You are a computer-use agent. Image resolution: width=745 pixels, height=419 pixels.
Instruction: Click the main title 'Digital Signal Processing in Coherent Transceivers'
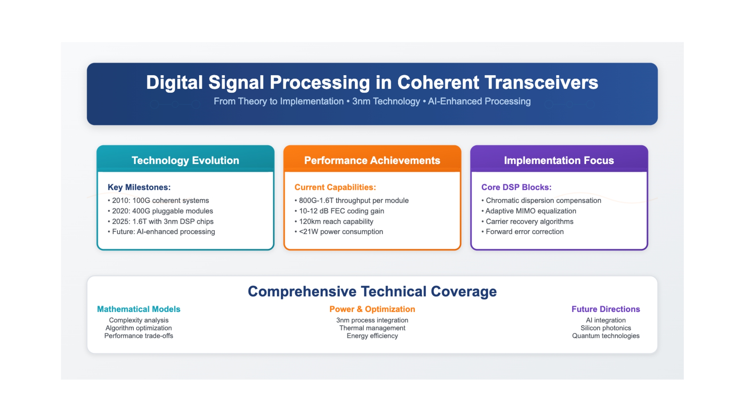[x=372, y=82]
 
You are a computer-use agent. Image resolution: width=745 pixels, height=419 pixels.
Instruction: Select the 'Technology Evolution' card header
[x=185, y=160]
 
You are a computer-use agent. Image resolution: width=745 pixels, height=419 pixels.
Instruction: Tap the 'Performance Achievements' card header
[x=372, y=160]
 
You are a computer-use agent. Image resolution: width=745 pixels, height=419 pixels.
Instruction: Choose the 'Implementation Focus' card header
[x=559, y=160]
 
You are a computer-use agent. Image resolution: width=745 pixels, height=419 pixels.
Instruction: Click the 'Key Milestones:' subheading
[x=139, y=187]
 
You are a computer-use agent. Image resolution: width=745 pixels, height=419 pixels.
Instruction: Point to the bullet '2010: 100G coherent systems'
[x=158, y=201]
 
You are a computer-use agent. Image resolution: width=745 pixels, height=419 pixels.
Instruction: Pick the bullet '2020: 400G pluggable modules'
[x=160, y=211]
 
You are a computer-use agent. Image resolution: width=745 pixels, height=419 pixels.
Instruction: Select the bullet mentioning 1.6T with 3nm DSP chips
[x=161, y=221]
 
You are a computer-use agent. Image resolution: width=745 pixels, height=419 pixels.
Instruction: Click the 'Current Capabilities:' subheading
[x=335, y=187]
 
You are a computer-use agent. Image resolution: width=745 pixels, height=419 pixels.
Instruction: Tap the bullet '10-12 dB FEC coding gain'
[x=339, y=211]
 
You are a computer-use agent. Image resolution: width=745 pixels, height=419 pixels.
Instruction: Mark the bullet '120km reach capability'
[x=334, y=221]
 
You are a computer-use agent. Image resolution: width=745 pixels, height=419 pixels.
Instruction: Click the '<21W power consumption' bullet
[x=339, y=231]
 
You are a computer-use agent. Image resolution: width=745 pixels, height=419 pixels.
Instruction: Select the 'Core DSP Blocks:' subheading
[x=517, y=187]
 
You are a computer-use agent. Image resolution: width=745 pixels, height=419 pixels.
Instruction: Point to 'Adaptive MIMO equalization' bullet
[x=529, y=211]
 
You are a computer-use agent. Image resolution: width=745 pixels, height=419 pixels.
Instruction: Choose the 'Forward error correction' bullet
[x=522, y=231]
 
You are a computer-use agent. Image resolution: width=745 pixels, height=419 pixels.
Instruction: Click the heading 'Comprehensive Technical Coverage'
[x=372, y=291]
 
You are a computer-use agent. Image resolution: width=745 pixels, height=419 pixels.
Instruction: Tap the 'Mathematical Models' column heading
[x=139, y=309]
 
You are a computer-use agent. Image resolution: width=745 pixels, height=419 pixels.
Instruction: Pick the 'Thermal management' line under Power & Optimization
[x=372, y=328]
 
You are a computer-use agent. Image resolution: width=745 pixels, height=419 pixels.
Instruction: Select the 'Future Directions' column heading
[x=606, y=309]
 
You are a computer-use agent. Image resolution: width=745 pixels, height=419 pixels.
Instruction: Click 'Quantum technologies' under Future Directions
[x=606, y=336]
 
